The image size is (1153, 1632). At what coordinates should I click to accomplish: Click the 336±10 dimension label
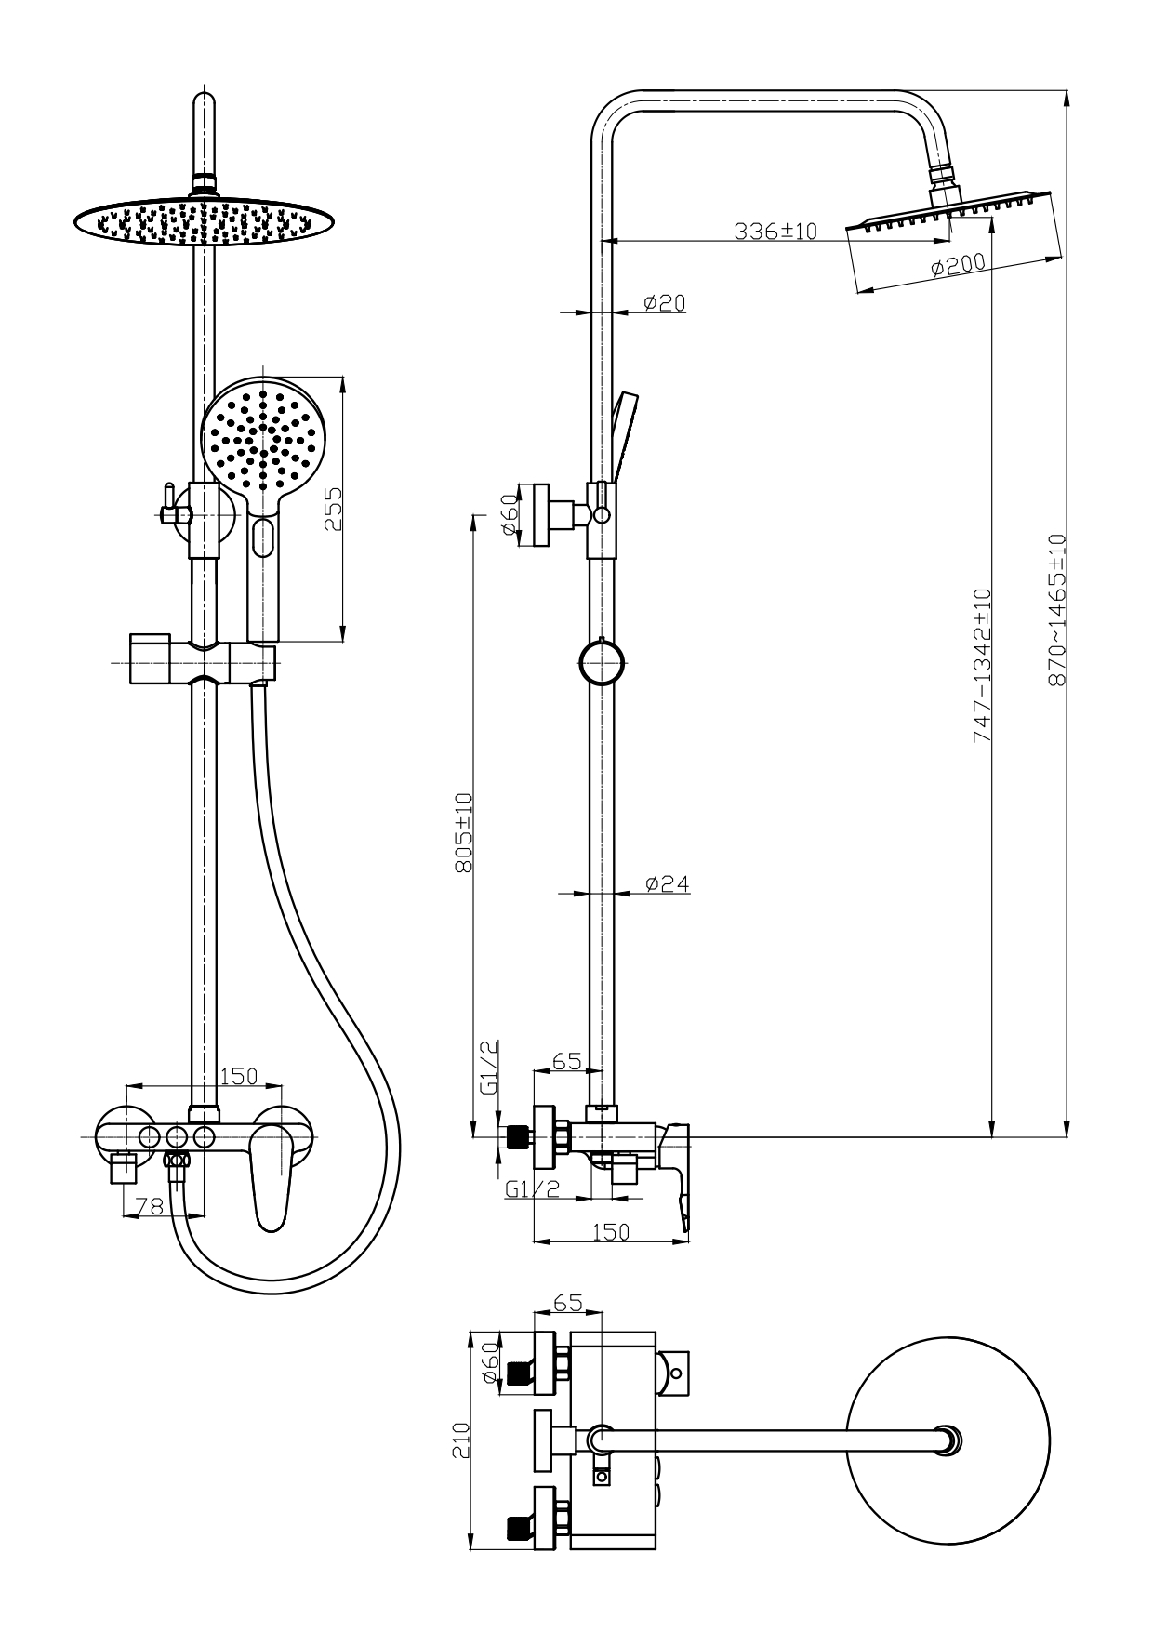pos(775,231)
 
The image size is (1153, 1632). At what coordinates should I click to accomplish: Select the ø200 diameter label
pos(957,266)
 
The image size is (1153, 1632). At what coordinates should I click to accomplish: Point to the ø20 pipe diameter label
pos(664,302)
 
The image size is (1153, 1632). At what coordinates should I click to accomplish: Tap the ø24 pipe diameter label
pos(667,883)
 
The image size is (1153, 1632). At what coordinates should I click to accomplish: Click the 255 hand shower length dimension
pos(333,510)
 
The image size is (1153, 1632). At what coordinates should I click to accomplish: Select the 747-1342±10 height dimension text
pos(982,665)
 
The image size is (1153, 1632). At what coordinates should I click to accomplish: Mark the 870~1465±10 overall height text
pos(1056,610)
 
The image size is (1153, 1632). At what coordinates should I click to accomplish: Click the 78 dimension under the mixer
pos(150,1206)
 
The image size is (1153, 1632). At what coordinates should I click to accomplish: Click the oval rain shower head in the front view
pos(205,221)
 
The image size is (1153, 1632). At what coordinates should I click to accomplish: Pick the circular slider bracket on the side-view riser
pos(602,662)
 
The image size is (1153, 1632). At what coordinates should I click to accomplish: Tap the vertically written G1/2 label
pos(490,1068)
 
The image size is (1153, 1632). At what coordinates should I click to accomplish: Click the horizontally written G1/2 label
pos(532,1188)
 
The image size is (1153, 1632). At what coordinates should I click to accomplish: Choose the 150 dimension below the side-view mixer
pos(611,1231)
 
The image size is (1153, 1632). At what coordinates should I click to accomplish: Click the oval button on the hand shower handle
pos(263,537)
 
